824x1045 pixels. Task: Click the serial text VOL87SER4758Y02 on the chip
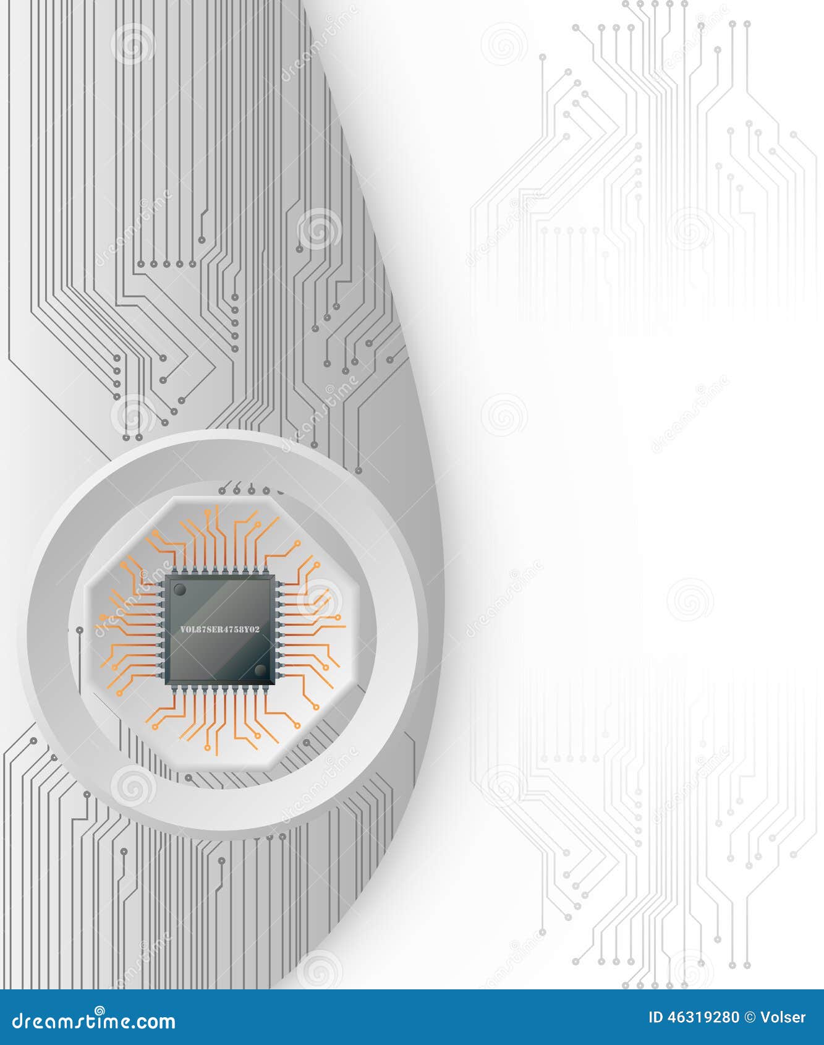pyautogui.click(x=219, y=629)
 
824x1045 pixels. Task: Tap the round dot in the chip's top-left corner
pyautogui.click(x=179, y=590)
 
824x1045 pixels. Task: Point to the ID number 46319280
pyautogui.click(x=703, y=1017)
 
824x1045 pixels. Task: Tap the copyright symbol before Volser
pyautogui.click(x=749, y=1017)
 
